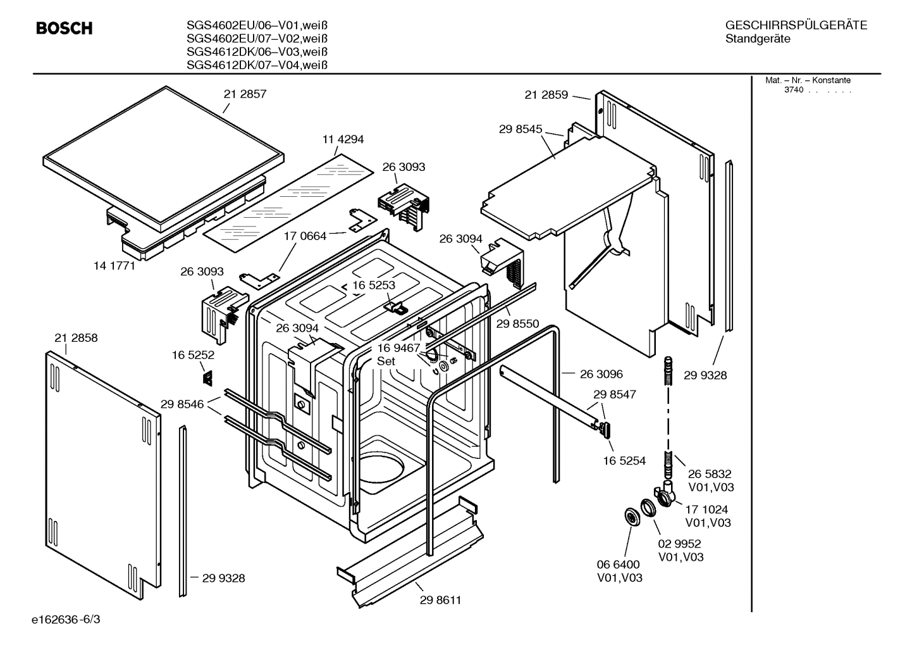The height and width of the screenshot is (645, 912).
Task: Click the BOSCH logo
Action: (x=64, y=28)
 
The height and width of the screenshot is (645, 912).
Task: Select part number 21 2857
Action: (x=245, y=94)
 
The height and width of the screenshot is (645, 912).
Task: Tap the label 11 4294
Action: (x=343, y=139)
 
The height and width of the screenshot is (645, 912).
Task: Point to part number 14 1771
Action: (x=114, y=266)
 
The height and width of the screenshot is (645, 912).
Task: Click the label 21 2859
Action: (x=546, y=95)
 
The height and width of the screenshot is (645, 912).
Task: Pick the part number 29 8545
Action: (x=521, y=129)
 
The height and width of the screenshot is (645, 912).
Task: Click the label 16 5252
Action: (x=193, y=356)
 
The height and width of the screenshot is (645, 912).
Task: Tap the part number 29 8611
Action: (x=440, y=600)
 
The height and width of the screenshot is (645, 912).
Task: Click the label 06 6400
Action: (x=619, y=564)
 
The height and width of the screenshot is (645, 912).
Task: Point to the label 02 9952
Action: (x=679, y=544)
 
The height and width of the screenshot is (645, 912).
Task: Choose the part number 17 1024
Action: (x=706, y=509)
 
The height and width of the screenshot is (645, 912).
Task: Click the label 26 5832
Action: (x=710, y=473)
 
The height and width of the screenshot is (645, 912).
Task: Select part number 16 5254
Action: (x=624, y=461)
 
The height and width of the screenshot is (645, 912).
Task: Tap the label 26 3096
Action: (x=601, y=374)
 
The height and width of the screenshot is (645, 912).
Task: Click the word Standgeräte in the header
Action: (x=758, y=39)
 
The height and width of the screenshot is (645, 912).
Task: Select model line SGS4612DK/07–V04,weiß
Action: (x=257, y=65)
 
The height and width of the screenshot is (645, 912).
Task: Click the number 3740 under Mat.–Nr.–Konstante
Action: (x=794, y=90)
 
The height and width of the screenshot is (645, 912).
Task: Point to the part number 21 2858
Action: (x=76, y=338)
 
